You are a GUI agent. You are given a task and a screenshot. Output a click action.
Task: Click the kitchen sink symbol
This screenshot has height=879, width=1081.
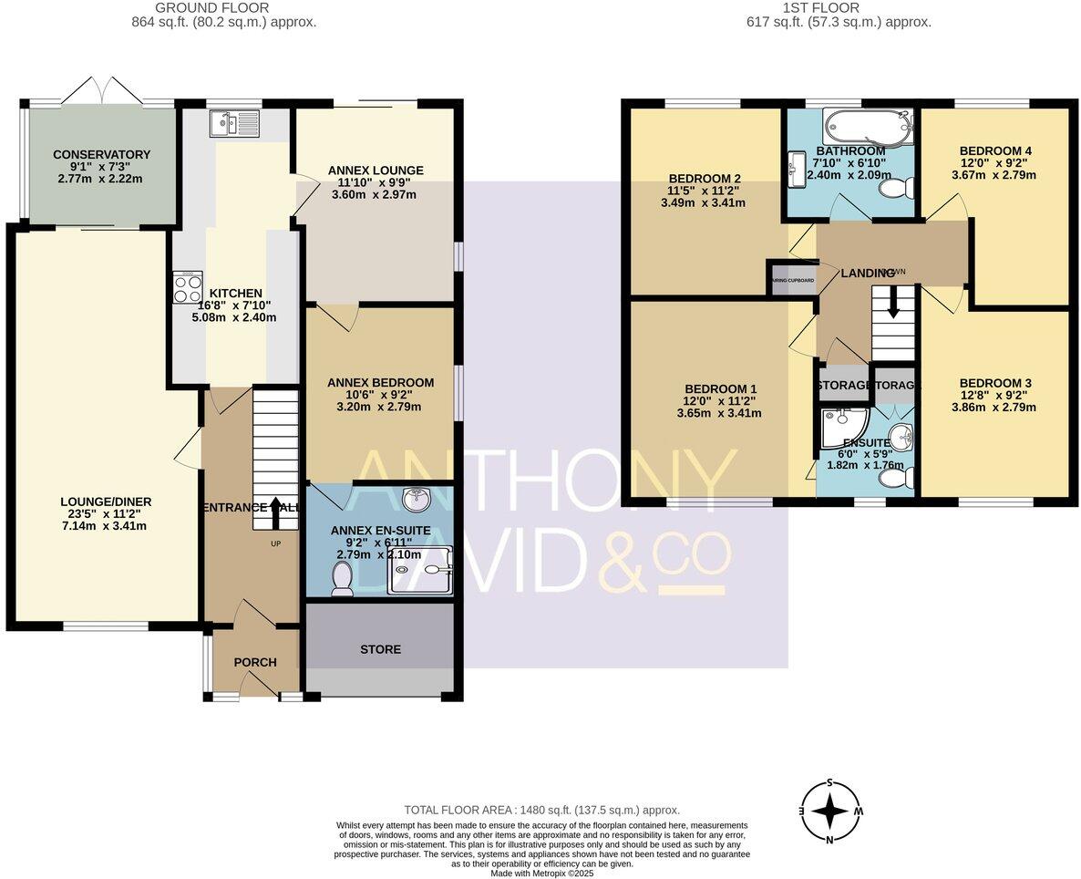pos(234,122)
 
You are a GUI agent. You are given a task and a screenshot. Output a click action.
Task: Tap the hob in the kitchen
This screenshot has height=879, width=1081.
pos(188,288)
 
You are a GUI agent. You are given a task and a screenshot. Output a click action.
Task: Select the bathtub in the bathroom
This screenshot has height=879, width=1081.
pos(866,126)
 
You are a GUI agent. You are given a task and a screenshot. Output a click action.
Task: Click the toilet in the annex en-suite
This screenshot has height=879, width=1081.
pos(343,578)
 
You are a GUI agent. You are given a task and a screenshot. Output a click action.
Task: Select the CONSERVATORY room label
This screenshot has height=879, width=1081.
pos(101,154)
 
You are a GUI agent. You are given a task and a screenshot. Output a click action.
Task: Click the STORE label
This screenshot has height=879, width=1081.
pos(380,649)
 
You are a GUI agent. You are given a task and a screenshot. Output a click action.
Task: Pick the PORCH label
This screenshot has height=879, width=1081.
pos(255,662)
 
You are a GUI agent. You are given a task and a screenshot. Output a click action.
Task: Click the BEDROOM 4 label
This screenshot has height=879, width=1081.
pos(994,150)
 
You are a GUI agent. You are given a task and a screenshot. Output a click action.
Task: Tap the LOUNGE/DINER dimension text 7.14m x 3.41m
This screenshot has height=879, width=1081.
pos(106,525)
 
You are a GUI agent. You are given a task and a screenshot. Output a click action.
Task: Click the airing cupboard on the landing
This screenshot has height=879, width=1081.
pos(791,279)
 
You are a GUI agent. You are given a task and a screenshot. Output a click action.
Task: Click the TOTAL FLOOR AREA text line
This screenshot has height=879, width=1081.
pos(542,810)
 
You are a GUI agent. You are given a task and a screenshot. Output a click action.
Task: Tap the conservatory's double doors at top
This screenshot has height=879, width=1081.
pos(102,91)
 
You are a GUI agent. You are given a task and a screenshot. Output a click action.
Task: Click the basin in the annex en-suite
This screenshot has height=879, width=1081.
pos(418,498)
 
